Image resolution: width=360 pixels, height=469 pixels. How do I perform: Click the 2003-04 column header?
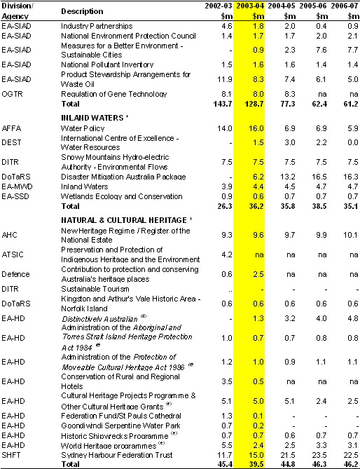[x=250, y=6]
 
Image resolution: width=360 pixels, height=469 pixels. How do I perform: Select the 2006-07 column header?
[x=345, y=6]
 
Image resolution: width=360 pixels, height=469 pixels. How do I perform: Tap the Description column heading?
[x=82, y=11]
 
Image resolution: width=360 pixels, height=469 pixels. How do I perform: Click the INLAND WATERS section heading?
[x=92, y=118]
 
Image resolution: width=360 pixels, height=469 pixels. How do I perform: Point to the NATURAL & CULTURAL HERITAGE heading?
[x=124, y=220]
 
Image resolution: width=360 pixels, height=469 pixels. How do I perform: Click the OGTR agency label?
[x=12, y=94]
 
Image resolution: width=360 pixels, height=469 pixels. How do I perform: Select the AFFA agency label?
[x=11, y=128]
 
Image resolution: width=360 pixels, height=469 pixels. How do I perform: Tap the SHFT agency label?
[x=11, y=455]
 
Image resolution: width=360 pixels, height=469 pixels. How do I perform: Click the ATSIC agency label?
[x=12, y=254]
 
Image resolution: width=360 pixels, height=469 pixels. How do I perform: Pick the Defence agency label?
[x=15, y=274]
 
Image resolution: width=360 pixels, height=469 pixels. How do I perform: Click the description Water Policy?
[x=83, y=128]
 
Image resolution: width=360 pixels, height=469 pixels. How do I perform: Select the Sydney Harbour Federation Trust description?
[x=117, y=455]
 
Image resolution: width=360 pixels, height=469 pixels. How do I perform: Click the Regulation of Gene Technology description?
[x=114, y=94]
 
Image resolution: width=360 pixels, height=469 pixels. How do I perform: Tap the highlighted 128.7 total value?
[x=253, y=104]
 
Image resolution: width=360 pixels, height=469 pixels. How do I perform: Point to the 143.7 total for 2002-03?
[x=223, y=104]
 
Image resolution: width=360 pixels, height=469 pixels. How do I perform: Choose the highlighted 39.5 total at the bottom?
[x=256, y=464]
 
